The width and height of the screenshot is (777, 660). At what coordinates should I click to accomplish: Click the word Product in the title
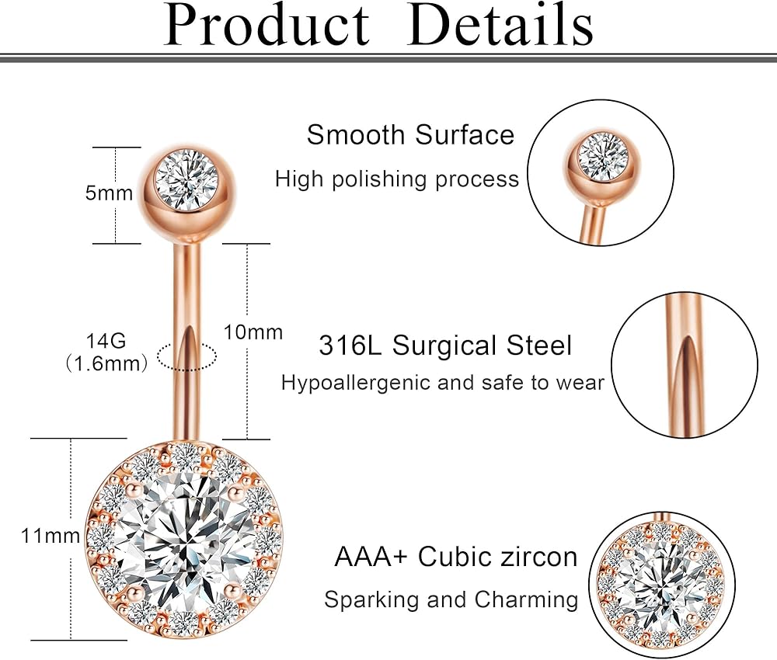click(267, 25)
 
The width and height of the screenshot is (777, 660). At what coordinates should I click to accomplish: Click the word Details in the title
click(501, 25)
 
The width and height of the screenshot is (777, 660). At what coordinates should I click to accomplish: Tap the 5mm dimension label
click(109, 193)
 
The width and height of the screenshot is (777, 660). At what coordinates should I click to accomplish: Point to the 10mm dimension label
click(253, 332)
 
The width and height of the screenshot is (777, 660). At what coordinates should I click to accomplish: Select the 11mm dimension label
click(51, 535)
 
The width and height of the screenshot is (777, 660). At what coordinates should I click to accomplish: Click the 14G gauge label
click(107, 340)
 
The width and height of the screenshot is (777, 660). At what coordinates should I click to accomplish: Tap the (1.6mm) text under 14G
click(106, 362)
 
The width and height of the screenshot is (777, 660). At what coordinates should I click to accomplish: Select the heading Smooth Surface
click(410, 135)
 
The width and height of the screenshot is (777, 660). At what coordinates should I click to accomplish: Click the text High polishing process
click(396, 179)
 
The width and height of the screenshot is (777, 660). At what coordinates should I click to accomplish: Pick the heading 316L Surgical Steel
click(445, 346)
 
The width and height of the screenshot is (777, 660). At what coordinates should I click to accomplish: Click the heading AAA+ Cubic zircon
click(456, 557)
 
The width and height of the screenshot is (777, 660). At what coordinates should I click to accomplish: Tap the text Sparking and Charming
click(451, 599)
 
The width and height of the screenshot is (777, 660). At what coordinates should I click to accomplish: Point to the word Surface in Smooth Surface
click(465, 135)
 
